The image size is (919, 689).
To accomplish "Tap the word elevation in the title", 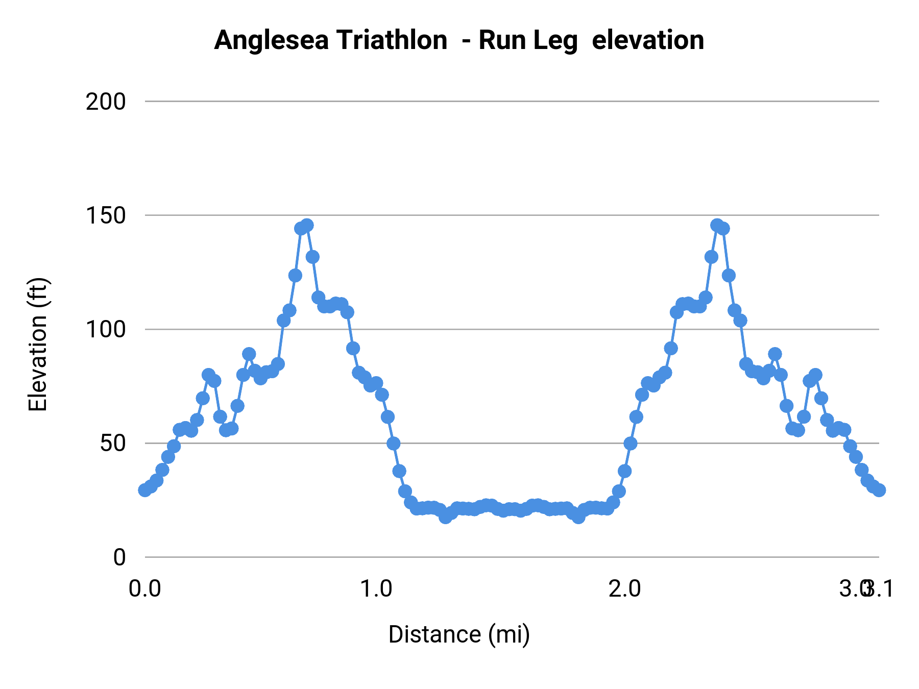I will [x=647, y=40].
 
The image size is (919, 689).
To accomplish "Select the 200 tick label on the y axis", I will [x=105, y=102].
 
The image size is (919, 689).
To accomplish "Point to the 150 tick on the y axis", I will [x=105, y=215].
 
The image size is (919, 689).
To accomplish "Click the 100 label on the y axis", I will [x=105, y=329].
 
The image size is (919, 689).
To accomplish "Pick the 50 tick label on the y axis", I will [x=112, y=443].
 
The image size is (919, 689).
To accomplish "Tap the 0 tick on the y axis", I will [x=119, y=557].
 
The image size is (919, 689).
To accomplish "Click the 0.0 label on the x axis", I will [x=144, y=588].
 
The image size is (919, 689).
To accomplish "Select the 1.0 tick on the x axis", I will [x=376, y=588].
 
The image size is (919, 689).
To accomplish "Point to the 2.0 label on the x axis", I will [x=624, y=588].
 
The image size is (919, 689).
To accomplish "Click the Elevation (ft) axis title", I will [x=38, y=344].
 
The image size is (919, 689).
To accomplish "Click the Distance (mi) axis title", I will [x=459, y=634].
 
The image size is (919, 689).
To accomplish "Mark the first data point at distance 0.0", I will [x=145, y=490].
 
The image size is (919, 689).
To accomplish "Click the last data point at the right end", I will [x=879, y=490].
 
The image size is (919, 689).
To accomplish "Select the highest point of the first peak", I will [x=307, y=225].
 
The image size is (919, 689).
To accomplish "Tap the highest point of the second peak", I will [x=717, y=225].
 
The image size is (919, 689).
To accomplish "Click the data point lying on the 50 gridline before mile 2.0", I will [x=631, y=444].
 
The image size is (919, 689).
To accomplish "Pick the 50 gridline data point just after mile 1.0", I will [x=393, y=444].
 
